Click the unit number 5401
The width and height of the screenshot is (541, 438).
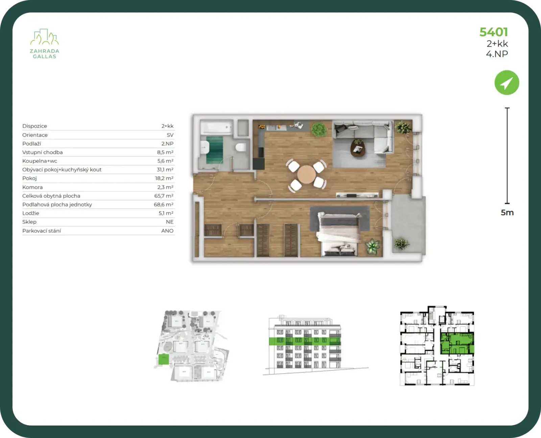494,32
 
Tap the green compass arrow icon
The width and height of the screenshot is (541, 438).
507,83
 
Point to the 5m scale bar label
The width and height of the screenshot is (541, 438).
507,212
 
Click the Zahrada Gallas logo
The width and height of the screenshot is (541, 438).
44,44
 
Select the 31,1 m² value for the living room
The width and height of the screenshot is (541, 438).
165,169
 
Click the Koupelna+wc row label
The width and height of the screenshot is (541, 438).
40,161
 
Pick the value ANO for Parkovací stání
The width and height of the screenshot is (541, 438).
167,231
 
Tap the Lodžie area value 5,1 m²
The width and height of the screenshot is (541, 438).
166,213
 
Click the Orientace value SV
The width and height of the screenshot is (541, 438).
170,135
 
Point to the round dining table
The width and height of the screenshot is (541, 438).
306,175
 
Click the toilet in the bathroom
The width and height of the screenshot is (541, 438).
240,147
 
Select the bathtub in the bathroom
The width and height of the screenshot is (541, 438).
216,127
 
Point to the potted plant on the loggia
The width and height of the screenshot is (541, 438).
401,243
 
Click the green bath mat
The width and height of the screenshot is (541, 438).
214,150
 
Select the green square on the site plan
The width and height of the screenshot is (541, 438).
164,360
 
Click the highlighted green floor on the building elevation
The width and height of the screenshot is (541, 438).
305,341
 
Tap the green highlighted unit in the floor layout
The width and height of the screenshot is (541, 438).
457,344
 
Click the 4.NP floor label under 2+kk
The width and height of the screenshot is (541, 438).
497,54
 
